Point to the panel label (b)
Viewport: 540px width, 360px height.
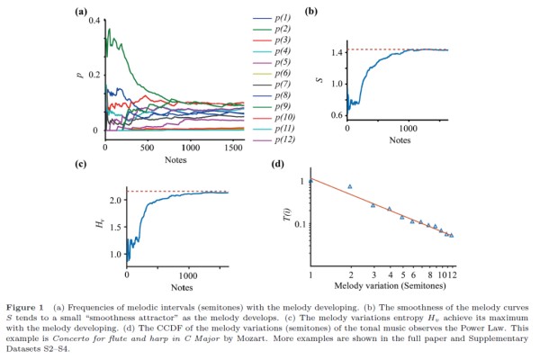[x=311, y=11]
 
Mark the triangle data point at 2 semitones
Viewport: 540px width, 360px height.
[x=350, y=186]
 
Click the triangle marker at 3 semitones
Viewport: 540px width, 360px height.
[x=373, y=205]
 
